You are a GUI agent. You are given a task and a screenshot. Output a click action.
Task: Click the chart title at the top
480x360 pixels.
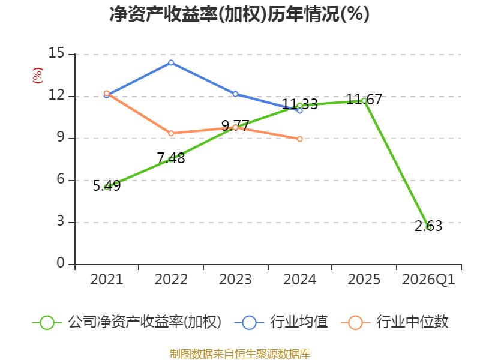coord(239,14)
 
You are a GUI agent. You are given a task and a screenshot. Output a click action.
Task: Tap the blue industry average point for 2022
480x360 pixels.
coord(171,62)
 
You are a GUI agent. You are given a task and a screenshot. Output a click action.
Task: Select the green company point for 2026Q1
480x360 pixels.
coord(428,227)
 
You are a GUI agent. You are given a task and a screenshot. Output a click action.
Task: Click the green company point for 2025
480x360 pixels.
coord(364,100)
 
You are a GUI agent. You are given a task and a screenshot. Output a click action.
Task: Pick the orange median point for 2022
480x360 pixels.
coord(171,133)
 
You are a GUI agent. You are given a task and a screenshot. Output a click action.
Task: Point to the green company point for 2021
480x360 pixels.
coord(107,187)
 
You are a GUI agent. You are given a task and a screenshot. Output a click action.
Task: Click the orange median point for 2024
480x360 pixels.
coord(299,139)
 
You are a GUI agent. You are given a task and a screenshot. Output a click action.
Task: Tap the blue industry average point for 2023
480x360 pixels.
coord(235,94)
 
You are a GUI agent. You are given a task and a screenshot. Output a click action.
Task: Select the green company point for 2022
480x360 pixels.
coord(171,159)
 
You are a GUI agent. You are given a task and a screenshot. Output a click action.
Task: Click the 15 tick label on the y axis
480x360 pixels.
coord(56,53)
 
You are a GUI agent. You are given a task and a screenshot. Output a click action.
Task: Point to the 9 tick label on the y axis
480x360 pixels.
coord(61,137)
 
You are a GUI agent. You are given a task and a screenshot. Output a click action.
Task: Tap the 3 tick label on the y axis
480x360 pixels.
coord(61,221)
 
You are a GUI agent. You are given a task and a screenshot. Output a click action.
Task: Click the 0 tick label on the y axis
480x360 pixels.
coord(61,263)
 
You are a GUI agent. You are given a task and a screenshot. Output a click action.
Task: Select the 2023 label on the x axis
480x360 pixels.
coord(235,280)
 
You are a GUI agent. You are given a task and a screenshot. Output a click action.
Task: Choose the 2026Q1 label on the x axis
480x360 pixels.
coord(428,280)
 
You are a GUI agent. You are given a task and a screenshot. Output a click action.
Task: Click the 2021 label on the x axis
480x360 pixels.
coord(107,280)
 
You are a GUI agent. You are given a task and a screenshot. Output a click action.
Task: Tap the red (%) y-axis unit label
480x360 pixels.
coord(37,76)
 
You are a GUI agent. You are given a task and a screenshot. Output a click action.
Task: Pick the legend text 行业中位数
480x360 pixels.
coord(412,322)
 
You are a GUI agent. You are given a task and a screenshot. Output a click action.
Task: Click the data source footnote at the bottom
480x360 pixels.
coord(239,353)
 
